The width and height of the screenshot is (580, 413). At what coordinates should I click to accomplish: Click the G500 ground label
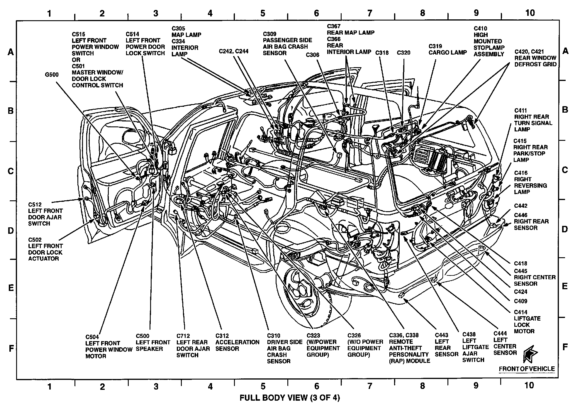point(52,75)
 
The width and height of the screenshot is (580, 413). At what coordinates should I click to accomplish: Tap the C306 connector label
point(313,55)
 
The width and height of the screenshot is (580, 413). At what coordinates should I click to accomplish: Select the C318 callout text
point(382,53)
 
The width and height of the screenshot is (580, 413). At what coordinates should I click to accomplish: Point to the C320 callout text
point(403,53)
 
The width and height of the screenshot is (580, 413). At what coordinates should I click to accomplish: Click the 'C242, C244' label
point(233,51)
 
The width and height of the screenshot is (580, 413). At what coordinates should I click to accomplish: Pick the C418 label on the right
point(520,264)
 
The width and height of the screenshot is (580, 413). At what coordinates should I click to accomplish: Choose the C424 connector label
point(520,292)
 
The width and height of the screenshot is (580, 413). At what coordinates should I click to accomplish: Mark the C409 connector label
point(520,301)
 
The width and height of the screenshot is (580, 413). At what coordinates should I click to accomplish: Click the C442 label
point(520,206)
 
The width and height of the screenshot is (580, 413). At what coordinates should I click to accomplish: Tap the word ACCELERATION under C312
point(237,342)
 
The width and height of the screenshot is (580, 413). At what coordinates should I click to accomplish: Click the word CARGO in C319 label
point(437,53)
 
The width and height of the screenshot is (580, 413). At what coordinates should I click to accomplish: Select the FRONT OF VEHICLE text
point(527,369)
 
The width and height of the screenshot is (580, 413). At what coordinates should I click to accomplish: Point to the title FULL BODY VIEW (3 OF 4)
point(290,398)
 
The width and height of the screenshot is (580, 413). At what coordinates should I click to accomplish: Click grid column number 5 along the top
point(263,13)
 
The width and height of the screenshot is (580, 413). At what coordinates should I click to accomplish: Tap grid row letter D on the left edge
point(11,231)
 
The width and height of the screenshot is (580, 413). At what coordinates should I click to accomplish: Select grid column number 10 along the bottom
point(529,385)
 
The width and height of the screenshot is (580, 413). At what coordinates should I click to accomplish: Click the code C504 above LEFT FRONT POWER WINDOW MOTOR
point(92,337)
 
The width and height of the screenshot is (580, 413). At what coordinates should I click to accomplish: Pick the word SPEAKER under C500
point(149,349)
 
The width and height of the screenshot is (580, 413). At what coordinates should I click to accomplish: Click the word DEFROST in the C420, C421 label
point(526,65)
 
